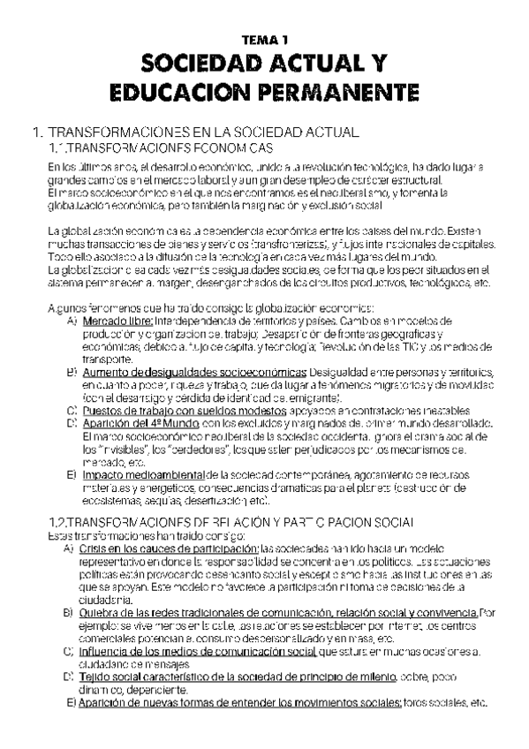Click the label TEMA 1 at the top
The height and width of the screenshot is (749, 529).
pyautogui.click(x=264, y=40)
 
